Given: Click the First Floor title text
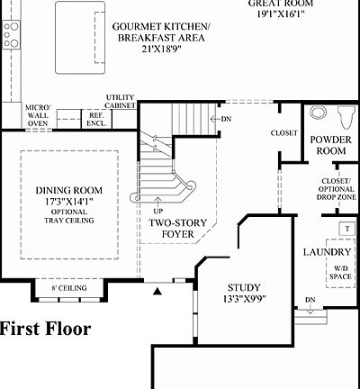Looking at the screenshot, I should [46, 329].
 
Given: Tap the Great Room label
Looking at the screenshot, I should [283, 4].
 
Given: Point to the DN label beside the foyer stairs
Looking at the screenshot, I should [226, 117].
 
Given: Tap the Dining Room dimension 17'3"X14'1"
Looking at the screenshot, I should [68, 203].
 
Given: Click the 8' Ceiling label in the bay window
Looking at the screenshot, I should [69, 287].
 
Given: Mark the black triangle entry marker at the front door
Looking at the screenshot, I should [158, 291].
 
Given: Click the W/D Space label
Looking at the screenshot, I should [341, 272].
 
